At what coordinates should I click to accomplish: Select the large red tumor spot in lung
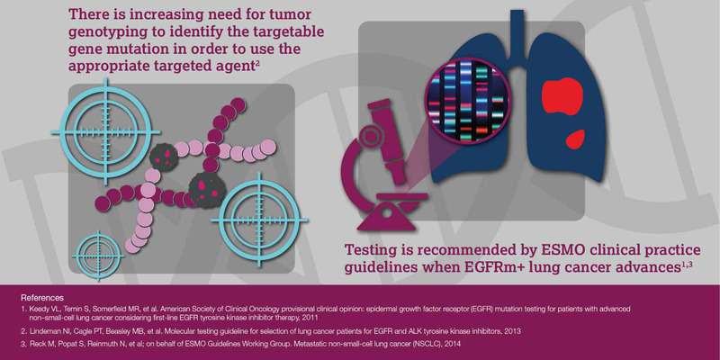tap(562, 96)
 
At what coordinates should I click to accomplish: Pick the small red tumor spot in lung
tap(575, 139)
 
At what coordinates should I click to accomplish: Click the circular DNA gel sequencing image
tap(467, 100)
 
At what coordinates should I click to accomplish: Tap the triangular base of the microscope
tap(389, 219)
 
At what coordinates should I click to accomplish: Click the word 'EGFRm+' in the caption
tap(498, 267)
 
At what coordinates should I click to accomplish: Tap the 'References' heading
tap(42, 298)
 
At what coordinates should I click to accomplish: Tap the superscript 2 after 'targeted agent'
tap(258, 64)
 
